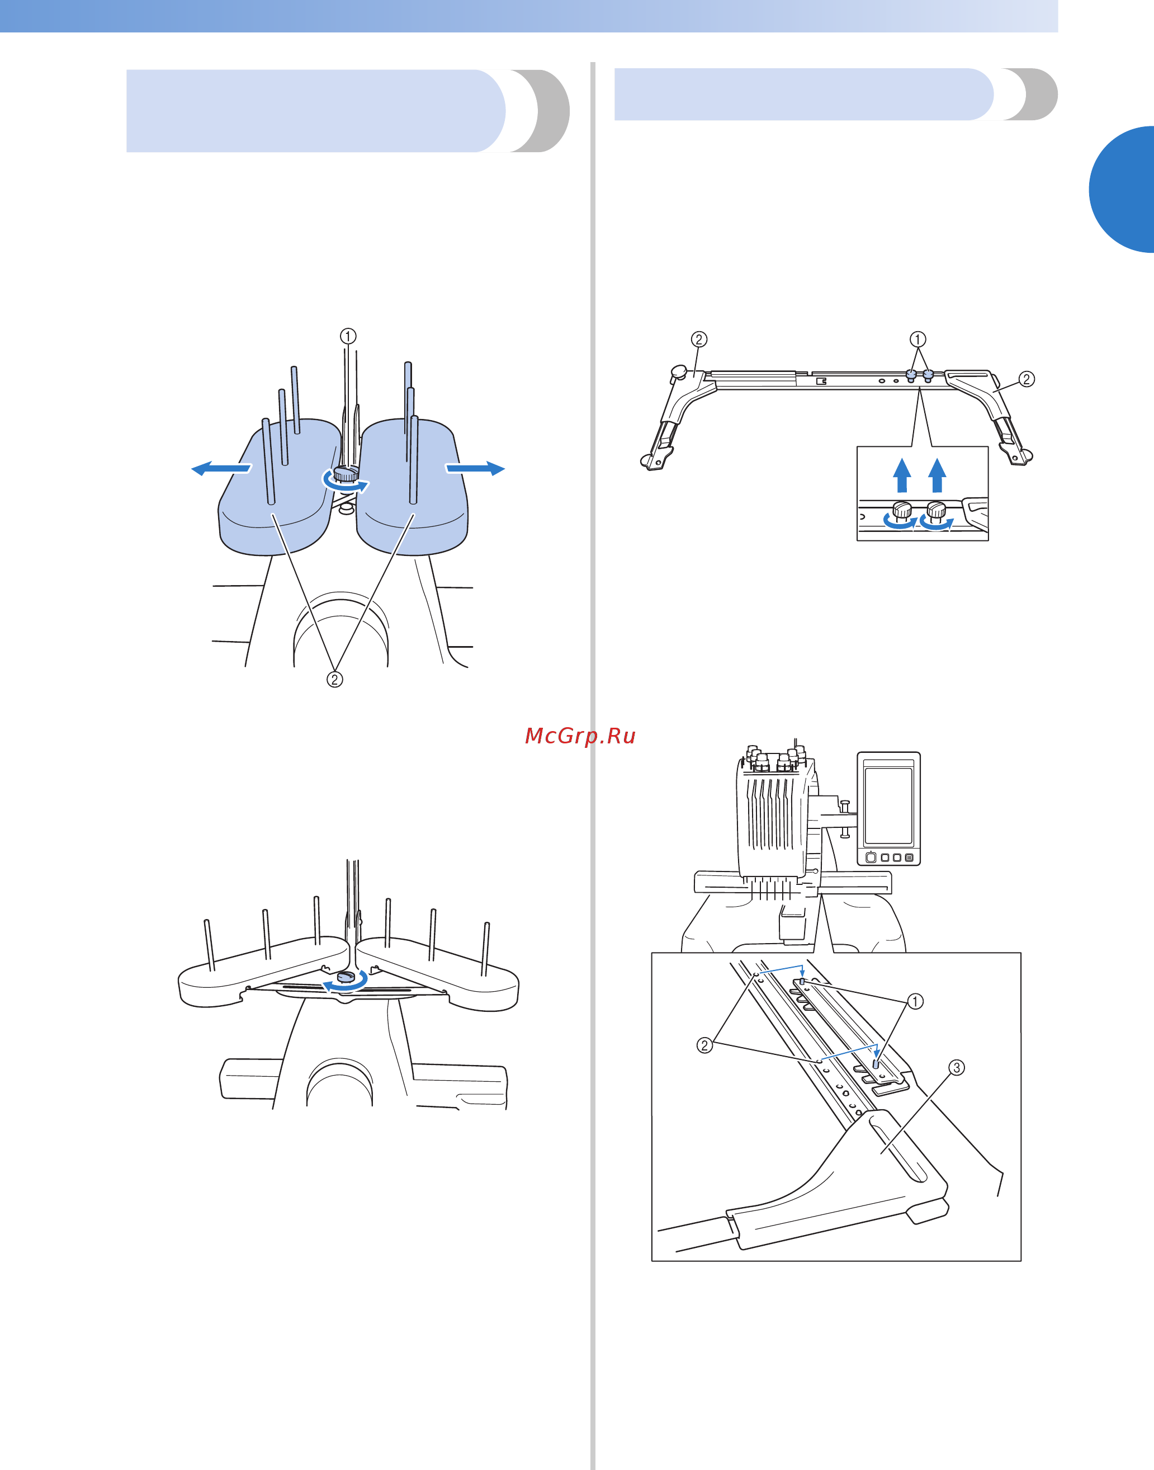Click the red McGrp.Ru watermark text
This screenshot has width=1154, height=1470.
pyautogui.click(x=580, y=736)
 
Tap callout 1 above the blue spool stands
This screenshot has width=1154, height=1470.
pyautogui.click(x=348, y=336)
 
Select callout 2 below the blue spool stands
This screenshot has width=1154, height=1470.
pyautogui.click(x=334, y=679)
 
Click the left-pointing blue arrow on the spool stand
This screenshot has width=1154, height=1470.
pyautogui.click(x=221, y=468)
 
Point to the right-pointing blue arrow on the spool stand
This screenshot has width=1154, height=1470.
pyautogui.click(x=475, y=468)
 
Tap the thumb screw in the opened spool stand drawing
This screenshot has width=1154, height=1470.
pyautogui.click(x=346, y=976)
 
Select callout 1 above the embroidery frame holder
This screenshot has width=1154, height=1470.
pyautogui.click(x=917, y=338)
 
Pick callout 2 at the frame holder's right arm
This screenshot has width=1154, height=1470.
pyautogui.click(x=1027, y=379)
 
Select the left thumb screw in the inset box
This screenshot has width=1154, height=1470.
pyautogui.click(x=902, y=511)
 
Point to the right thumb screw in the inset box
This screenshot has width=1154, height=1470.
pyautogui.click(x=936, y=511)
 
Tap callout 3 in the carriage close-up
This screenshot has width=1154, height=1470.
pyautogui.click(x=957, y=1068)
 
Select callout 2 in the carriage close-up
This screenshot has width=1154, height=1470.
pyautogui.click(x=704, y=1045)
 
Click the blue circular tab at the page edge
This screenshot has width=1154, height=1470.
pyautogui.click(x=1122, y=189)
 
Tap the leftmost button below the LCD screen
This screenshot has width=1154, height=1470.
pyautogui.click(x=872, y=857)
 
